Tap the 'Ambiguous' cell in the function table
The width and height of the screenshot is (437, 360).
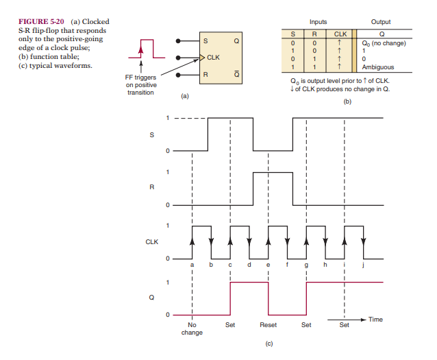coord(379,67)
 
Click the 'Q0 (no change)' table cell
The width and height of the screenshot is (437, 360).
coord(383,43)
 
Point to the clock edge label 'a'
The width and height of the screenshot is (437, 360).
coord(192,265)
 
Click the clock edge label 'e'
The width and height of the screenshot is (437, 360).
coord(268,265)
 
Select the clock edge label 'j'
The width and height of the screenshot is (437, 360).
coord(363,265)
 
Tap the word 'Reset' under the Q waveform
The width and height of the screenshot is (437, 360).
coord(269,326)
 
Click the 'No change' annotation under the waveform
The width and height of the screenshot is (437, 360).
coord(192,329)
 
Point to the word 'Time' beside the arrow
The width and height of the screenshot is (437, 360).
coord(375,320)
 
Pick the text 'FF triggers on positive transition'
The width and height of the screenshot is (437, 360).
coord(141,85)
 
